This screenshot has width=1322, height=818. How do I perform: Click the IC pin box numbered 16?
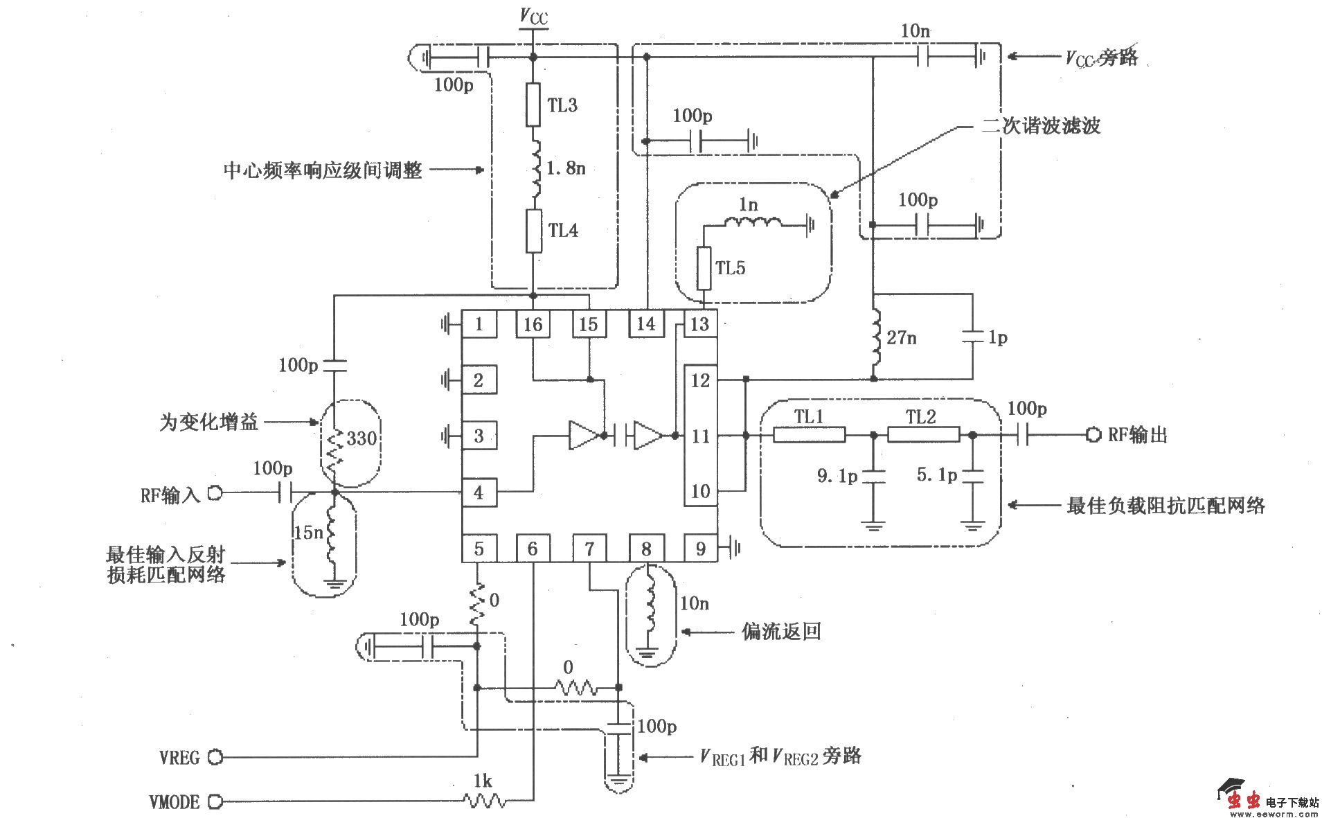(x=533, y=324)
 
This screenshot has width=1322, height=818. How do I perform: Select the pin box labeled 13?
(x=699, y=324)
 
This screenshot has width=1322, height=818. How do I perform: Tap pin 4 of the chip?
(x=479, y=492)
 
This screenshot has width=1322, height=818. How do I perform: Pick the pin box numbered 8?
(x=646, y=549)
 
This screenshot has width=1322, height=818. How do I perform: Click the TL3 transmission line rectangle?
(x=533, y=105)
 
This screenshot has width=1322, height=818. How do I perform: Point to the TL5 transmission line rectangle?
(x=704, y=268)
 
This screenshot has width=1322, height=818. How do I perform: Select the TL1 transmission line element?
(x=809, y=435)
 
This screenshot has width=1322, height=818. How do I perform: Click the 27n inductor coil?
(x=875, y=337)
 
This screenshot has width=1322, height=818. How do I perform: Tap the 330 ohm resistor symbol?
(x=334, y=447)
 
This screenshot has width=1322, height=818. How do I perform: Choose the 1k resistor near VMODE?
(x=484, y=801)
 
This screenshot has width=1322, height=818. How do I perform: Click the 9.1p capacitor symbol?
(x=873, y=476)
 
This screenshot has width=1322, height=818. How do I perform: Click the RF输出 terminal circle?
(x=1093, y=435)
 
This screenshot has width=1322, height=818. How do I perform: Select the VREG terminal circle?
(x=215, y=757)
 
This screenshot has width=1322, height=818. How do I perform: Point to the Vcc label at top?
(x=534, y=17)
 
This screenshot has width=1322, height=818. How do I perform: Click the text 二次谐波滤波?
(x=1041, y=126)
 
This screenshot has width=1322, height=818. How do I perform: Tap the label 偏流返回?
(x=781, y=631)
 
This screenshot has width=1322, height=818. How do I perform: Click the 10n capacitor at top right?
(x=923, y=57)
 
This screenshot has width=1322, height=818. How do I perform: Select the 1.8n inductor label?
(x=566, y=168)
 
